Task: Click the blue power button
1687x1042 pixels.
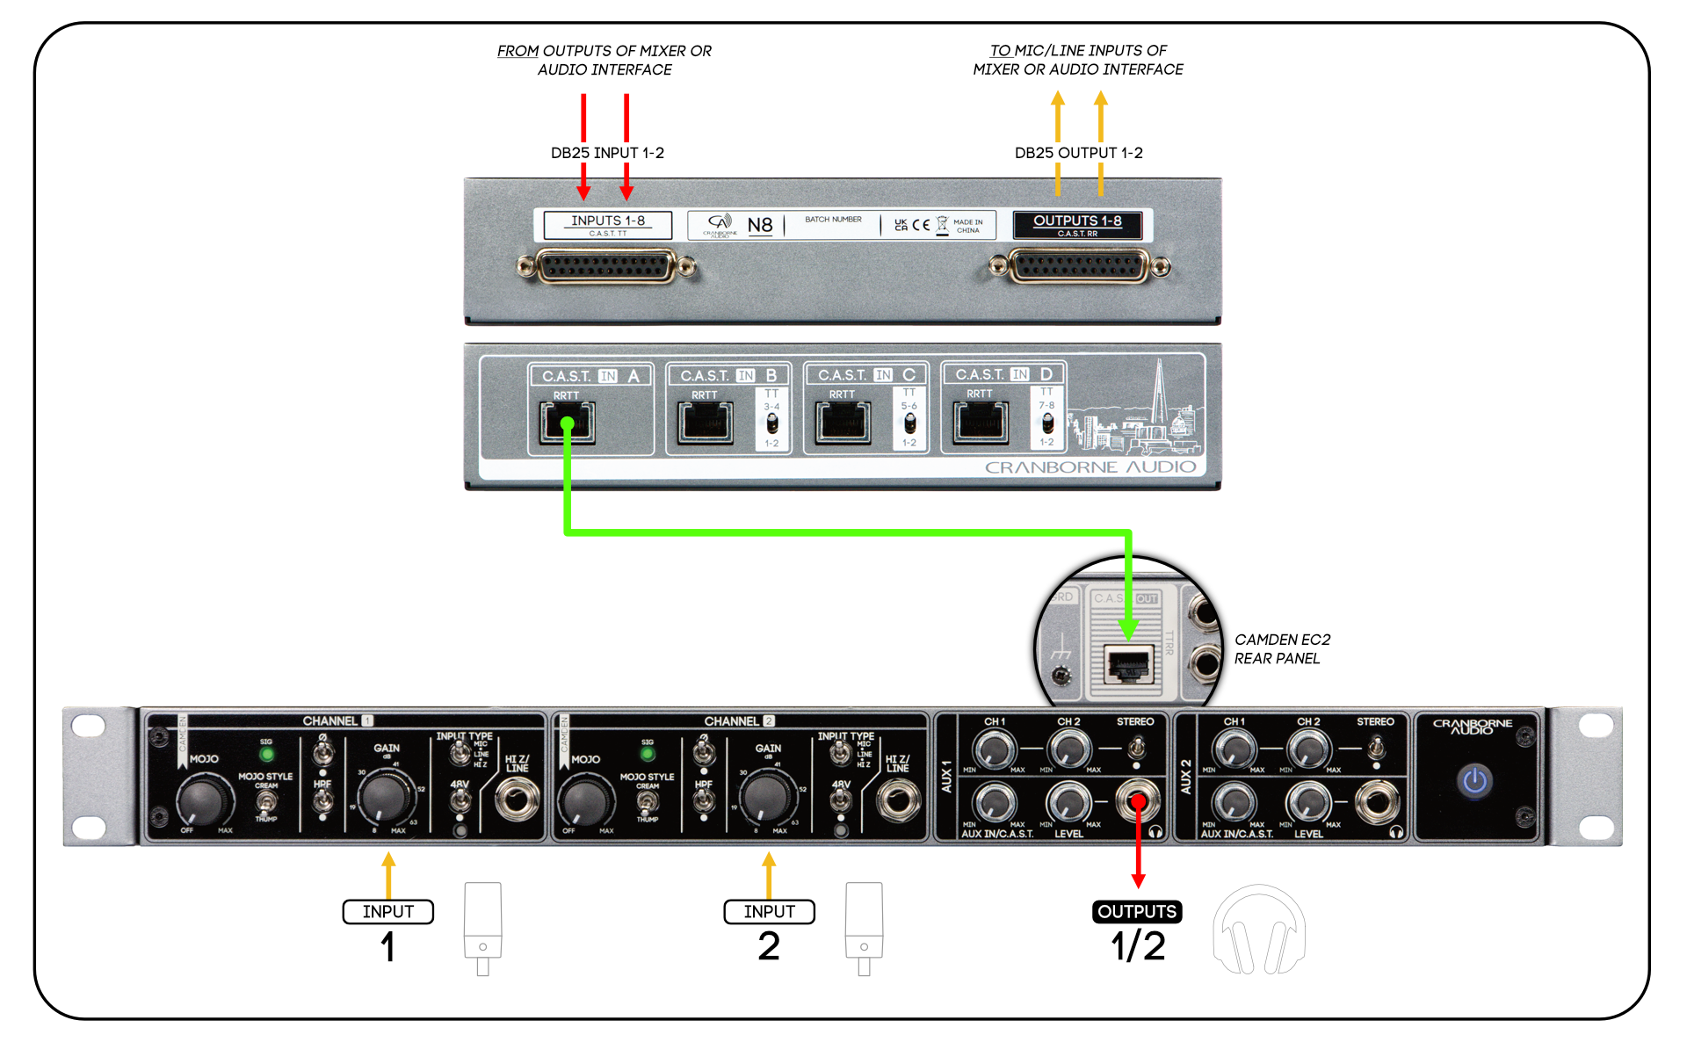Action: click(x=1474, y=780)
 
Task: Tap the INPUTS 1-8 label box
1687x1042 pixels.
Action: click(x=607, y=225)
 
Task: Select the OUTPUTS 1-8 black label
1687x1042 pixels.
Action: click(x=1077, y=225)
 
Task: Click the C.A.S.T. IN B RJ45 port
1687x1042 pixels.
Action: click(x=705, y=423)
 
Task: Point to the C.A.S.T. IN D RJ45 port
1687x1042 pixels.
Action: click(x=981, y=423)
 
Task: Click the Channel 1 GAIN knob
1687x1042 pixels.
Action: click(x=385, y=796)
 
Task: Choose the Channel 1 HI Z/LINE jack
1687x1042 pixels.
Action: click(x=518, y=800)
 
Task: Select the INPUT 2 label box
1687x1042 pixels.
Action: click(x=769, y=912)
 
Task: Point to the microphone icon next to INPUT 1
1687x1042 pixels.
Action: click(x=482, y=927)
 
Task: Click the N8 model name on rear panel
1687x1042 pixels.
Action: click(x=759, y=225)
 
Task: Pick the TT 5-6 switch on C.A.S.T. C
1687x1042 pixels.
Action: click(x=909, y=423)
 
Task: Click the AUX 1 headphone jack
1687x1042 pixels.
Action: click(x=1137, y=800)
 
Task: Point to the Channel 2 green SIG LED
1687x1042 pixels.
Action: click(x=648, y=754)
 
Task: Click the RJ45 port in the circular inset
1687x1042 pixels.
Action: click(x=1128, y=665)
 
